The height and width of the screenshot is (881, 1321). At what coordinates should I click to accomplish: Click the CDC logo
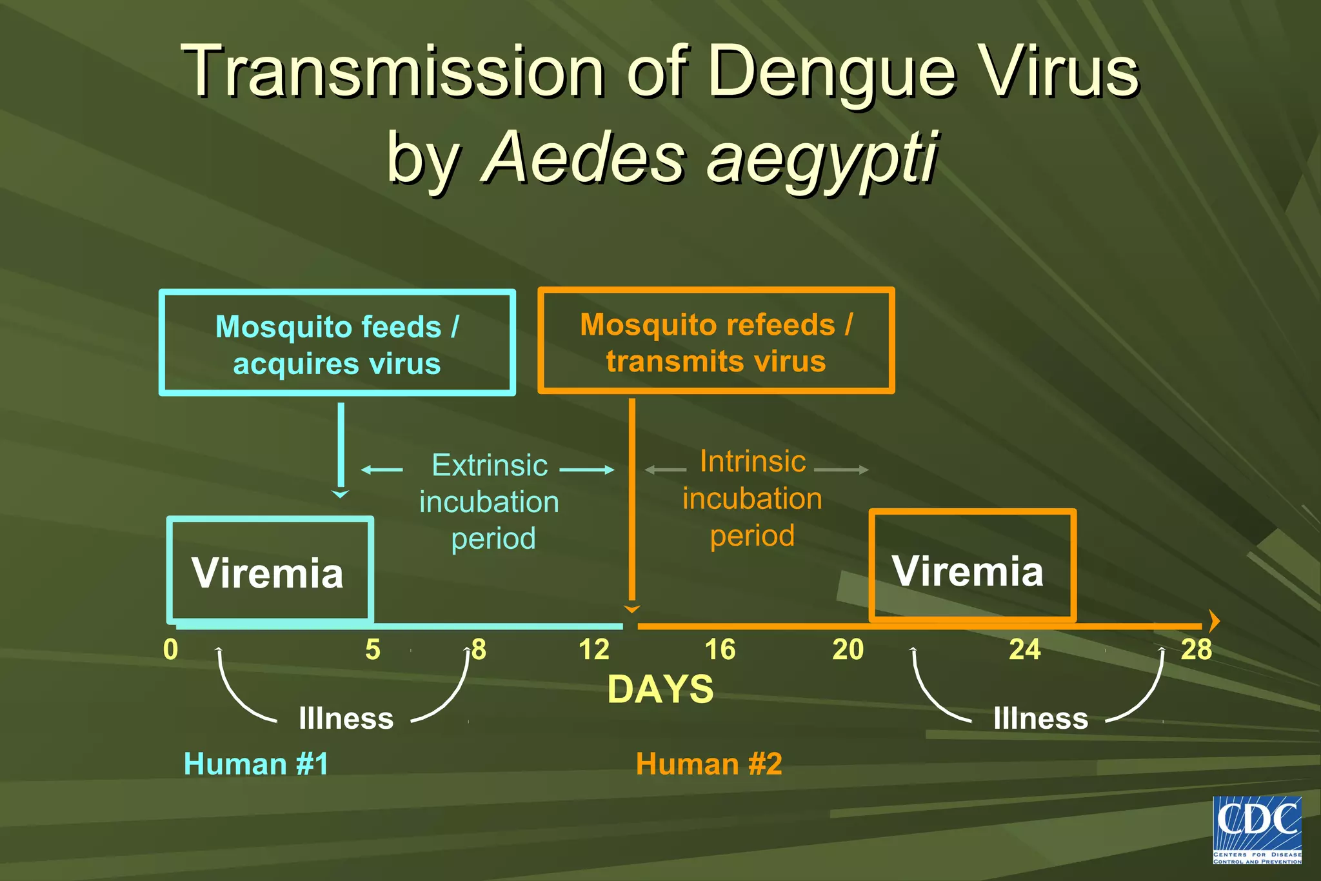(1256, 829)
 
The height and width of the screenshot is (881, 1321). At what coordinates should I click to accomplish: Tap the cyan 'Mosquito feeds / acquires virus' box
(337, 343)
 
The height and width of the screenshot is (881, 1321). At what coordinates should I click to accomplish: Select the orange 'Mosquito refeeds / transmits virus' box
(716, 341)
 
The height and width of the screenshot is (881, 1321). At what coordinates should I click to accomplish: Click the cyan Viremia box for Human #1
(270, 571)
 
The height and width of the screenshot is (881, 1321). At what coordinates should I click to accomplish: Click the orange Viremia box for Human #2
(972, 566)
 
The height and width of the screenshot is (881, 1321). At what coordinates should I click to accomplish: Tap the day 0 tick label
(170, 649)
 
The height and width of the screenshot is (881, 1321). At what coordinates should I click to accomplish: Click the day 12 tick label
(593, 649)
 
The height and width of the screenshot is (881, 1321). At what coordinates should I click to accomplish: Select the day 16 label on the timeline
(720, 649)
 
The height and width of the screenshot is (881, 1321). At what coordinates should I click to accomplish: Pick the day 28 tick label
(1196, 649)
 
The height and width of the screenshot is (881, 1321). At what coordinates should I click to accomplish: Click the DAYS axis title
(660, 689)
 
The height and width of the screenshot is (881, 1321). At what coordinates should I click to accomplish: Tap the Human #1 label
(256, 764)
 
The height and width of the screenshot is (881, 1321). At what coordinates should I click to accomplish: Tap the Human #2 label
(709, 764)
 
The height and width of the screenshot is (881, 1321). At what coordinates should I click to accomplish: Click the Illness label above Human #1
(346, 718)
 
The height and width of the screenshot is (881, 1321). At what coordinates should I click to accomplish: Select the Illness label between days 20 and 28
(1040, 718)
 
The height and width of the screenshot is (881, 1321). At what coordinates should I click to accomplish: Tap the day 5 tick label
(373, 649)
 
